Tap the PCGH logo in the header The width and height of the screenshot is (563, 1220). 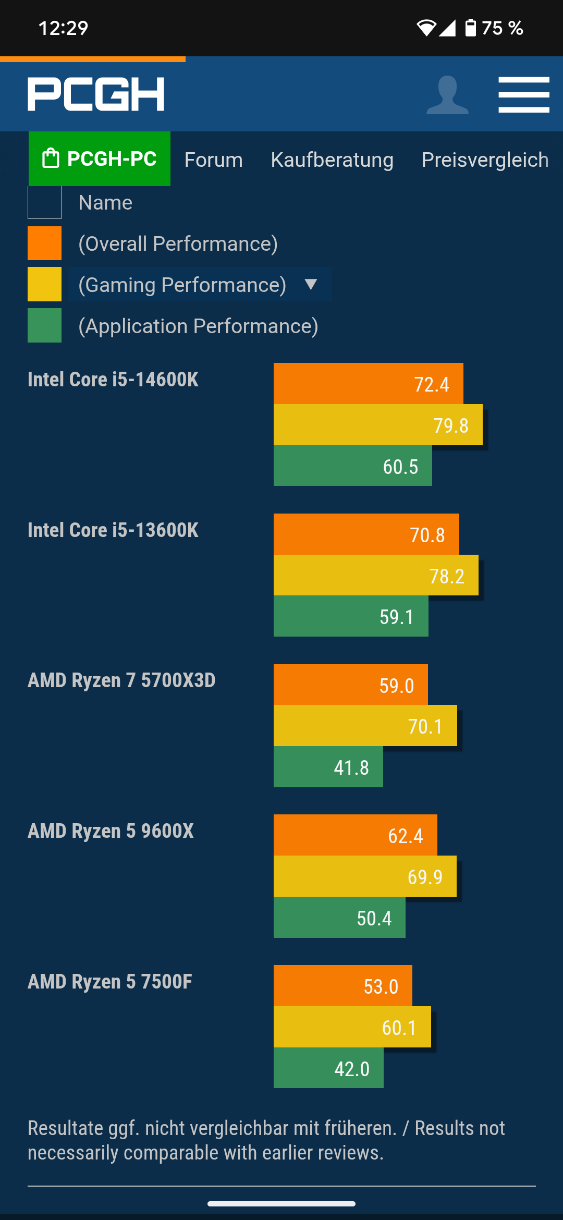(x=96, y=94)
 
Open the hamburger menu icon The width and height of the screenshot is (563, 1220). (x=523, y=94)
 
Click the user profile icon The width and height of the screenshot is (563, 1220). (x=447, y=95)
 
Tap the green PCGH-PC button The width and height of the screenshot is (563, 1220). (x=100, y=158)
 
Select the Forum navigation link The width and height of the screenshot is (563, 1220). (x=213, y=160)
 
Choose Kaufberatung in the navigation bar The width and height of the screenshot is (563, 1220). (x=332, y=160)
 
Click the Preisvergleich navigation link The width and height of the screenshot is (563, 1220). (x=485, y=160)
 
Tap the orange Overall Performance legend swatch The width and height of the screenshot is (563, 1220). (x=44, y=243)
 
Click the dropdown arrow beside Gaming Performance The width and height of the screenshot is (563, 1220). (x=311, y=284)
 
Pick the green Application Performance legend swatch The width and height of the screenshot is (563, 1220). (x=44, y=325)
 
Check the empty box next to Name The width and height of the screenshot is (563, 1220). (x=44, y=202)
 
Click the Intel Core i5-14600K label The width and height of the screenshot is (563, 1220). (x=113, y=380)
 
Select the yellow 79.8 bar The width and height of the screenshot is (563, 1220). (x=378, y=425)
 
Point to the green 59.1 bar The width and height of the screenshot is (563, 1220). (x=351, y=616)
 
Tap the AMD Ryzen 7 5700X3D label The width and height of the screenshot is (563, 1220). (x=121, y=680)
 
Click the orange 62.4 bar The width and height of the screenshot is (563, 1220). (x=355, y=835)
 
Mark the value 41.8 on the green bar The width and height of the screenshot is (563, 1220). (x=351, y=767)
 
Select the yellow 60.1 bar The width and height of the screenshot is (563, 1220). (x=352, y=1027)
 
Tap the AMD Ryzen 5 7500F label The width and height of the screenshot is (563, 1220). (x=110, y=982)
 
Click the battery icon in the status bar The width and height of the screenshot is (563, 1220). (x=470, y=28)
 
